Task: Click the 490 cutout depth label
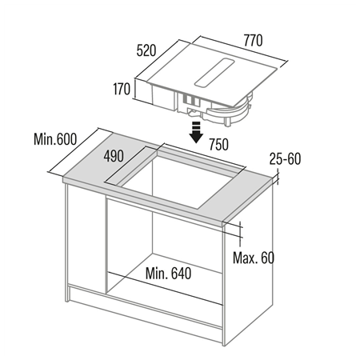(114, 157)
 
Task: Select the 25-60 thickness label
(284, 158)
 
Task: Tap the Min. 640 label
(168, 273)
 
